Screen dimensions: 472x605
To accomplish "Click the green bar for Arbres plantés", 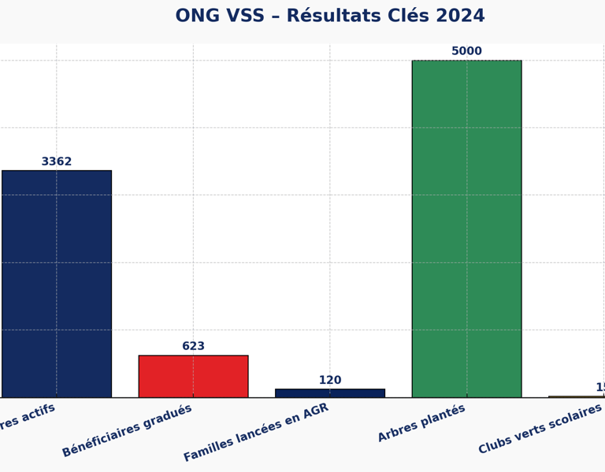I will coord(466,228).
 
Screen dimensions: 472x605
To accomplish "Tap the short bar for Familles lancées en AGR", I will coord(330,393).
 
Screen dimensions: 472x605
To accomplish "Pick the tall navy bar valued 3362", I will coord(57,283).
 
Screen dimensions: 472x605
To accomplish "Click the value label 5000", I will coord(466,51).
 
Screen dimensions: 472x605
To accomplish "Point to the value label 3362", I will coord(57,162).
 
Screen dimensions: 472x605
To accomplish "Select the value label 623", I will coord(193,346).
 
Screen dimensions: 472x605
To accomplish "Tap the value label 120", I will coord(330,381).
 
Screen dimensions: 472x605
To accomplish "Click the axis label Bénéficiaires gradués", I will coord(127,430).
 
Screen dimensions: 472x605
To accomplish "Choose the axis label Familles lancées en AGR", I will coord(256,432).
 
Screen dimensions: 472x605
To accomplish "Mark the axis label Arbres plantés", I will coord(421,422).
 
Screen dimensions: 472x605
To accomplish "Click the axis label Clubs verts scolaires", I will coord(540,429).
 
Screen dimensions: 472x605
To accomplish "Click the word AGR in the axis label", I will coord(314,411).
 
